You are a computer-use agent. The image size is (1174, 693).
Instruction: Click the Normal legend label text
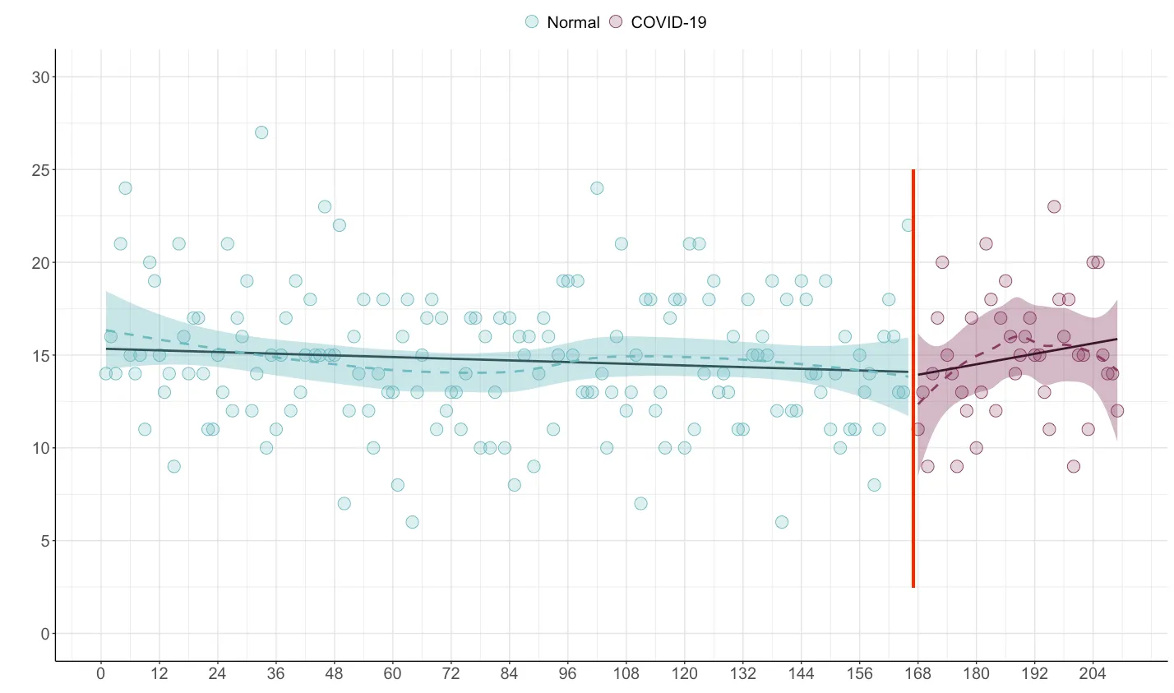(573, 22)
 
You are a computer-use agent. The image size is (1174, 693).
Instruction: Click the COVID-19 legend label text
(668, 22)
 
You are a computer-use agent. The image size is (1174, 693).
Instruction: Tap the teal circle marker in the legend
(533, 22)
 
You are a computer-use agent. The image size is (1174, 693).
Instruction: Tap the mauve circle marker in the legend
(616, 22)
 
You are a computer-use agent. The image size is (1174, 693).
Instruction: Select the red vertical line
(913, 378)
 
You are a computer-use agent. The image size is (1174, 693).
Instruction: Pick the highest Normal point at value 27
(261, 132)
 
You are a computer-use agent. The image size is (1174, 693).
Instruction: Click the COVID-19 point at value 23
(1054, 206)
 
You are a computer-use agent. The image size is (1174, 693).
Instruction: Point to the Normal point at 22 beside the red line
(908, 225)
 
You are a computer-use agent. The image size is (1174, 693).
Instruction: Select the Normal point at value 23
(325, 206)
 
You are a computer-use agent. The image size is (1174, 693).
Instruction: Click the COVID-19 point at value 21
(986, 244)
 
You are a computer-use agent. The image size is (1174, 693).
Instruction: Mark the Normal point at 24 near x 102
(597, 188)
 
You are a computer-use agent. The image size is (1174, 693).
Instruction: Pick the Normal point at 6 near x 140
(782, 522)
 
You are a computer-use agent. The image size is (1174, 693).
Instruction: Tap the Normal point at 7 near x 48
(344, 503)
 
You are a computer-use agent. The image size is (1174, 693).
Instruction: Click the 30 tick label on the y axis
(40, 77)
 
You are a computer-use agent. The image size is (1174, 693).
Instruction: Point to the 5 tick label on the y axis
(44, 541)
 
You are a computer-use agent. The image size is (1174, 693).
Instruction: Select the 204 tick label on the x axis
(1093, 674)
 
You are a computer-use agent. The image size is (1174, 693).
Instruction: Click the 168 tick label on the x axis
(917, 674)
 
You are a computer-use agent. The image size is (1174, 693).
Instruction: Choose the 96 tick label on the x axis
(567, 674)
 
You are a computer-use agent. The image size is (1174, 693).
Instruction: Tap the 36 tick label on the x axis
(275, 674)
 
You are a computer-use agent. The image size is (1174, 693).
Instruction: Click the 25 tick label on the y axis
(40, 170)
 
